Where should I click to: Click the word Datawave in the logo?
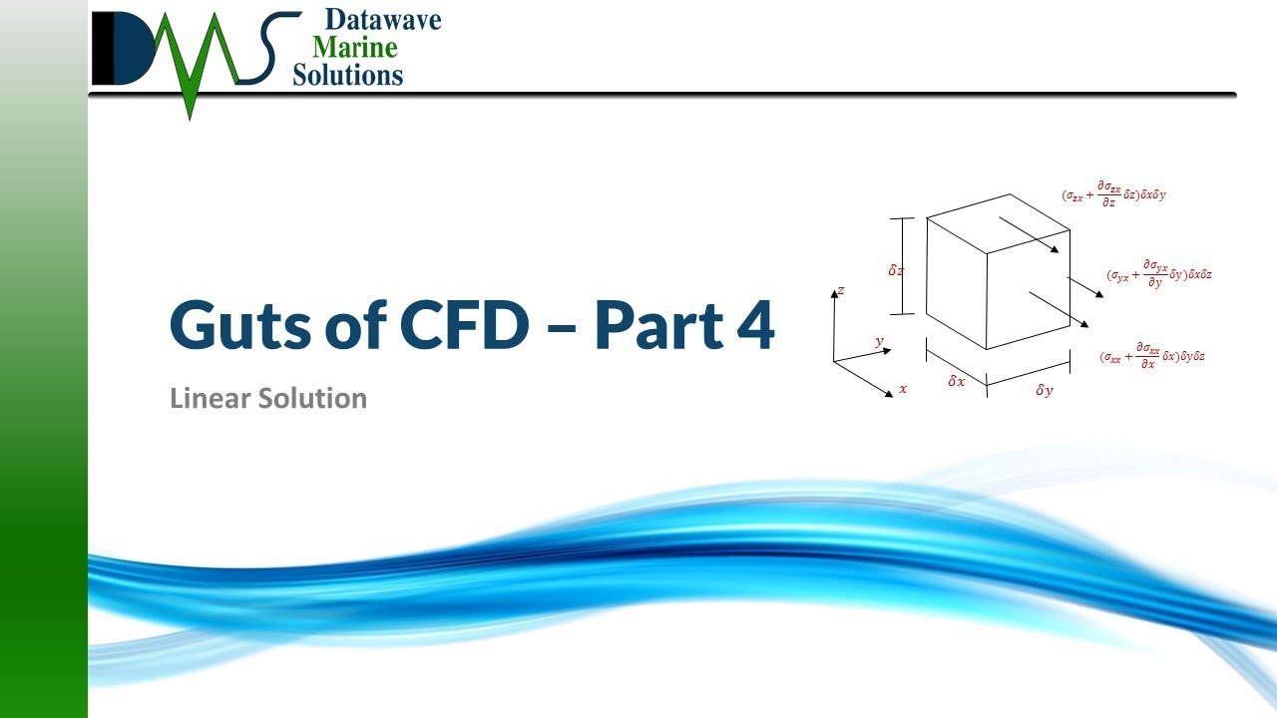click(383, 20)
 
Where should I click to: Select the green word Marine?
click(354, 47)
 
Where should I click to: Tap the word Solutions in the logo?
click(348, 74)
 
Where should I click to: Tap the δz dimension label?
click(896, 269)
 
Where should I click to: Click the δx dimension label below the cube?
click(956, 381)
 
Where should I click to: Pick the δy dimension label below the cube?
click(1044, 391)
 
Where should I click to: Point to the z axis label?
click(841, 290)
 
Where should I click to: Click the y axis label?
click(879, 341)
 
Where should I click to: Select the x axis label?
click(903, 388)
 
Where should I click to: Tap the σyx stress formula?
click(1159, 275)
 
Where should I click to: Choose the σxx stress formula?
click(1151, 357)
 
